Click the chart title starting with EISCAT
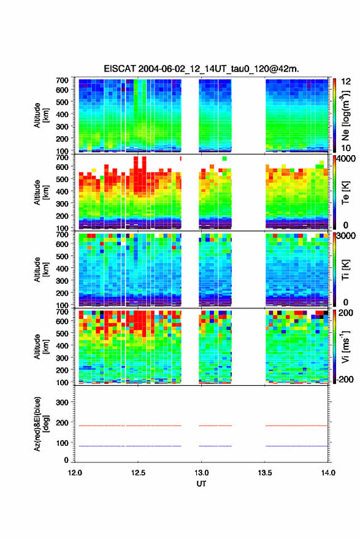coord(202,69)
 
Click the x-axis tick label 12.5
coord(138,473)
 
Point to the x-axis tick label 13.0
coord(201,473)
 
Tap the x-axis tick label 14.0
coord(328,473)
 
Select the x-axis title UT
coord(201,484)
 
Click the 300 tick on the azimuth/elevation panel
coord(62,402)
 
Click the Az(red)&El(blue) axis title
coord(41,424)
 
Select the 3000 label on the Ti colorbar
coord(346,236)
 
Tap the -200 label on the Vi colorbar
coord(345,379)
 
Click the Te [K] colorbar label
coord(345,193)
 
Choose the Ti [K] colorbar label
coord(345,270)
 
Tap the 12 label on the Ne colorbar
coord(346,82)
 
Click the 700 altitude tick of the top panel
coord(62,80)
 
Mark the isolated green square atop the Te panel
coord(224,158)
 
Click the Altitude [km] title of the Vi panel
coord(41,346)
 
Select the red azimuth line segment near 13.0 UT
coord(215,426)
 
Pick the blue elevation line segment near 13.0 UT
coord(215,446)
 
